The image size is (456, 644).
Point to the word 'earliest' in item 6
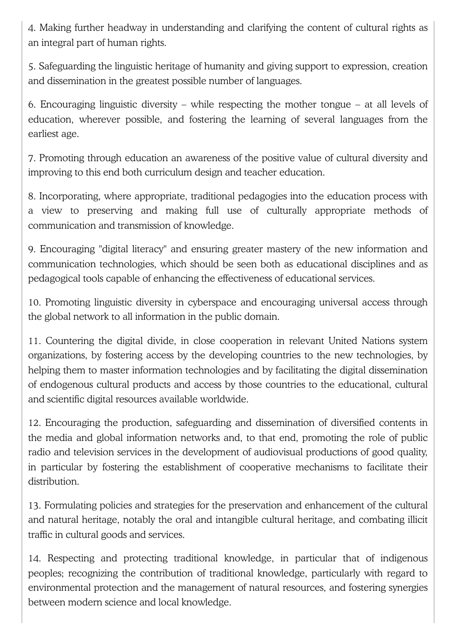tap(43, 134)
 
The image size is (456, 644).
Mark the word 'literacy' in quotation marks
tap(149, 249)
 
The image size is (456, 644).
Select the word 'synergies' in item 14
tap(408, 588)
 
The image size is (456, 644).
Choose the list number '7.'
tap(32, 158)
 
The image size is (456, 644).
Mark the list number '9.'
tap(32, 249)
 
